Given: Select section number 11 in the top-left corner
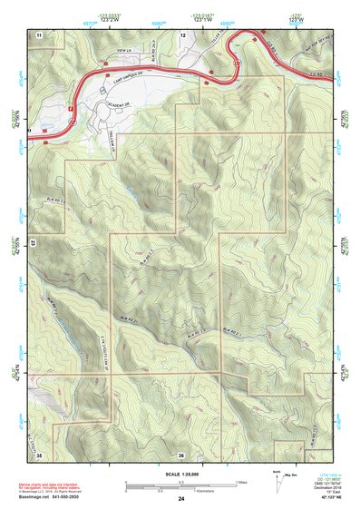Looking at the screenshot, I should click(x=39, y=34).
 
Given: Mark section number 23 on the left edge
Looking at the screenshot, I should click(x=32, y=243).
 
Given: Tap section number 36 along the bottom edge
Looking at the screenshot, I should click(x=181, y=455).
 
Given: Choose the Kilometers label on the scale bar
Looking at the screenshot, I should click(x=181, y=493).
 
